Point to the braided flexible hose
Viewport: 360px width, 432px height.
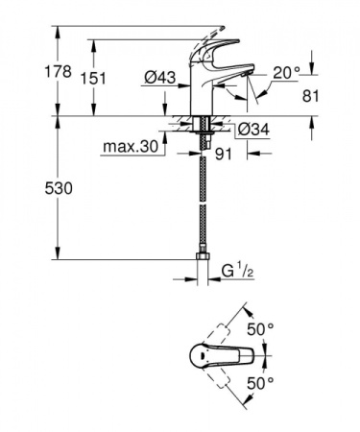coord(204,202)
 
